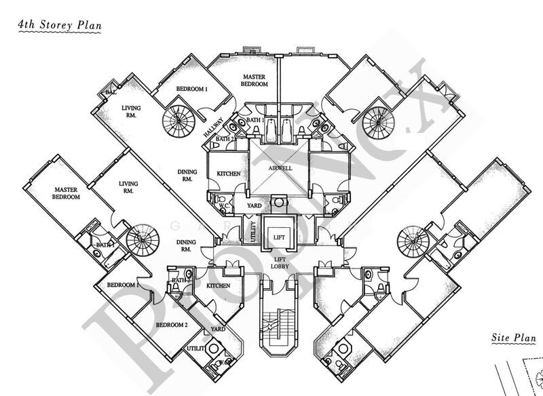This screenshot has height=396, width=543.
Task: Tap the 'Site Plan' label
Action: tap(514, 338)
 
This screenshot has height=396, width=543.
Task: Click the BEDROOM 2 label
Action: tap(171, 325)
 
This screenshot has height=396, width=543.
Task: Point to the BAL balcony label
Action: tap(109, 93)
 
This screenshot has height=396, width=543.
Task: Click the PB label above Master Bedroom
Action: tap(252, 52)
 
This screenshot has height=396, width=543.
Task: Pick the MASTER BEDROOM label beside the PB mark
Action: tap(252, 81)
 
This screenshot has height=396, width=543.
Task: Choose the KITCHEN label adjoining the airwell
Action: tap(229, 174)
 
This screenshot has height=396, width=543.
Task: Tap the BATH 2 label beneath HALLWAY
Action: tap(223, 138)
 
